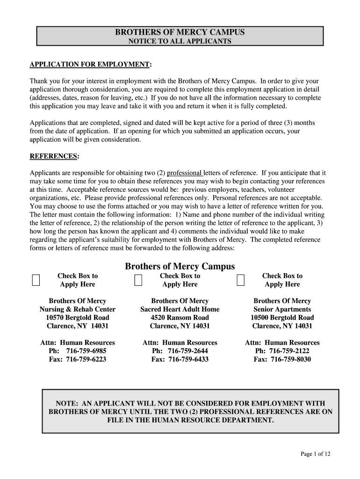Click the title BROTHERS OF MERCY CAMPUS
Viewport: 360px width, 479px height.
[180, 32]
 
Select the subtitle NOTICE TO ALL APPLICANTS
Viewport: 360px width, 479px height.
[180, 41]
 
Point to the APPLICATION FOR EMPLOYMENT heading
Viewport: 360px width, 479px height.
[91, 64]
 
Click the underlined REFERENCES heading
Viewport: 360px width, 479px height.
[54, 156]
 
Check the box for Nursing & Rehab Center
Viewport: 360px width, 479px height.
[36, 280]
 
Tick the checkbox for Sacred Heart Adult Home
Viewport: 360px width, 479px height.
[138, 280]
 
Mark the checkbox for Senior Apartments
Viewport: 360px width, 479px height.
[241, 280]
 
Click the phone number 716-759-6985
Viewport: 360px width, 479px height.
[86, 351]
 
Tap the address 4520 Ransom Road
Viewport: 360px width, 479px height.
[180, 318]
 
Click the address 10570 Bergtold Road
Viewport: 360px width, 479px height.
[78, 318]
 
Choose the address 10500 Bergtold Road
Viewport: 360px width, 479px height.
[282, 318]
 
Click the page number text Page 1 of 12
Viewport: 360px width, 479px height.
[316, 454]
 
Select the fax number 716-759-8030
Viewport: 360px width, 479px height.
[291, 359]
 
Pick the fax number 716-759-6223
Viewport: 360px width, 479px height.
[86, 359]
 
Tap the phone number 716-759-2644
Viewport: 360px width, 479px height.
[188, 351]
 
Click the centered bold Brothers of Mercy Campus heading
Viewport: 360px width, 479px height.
[180, 266]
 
